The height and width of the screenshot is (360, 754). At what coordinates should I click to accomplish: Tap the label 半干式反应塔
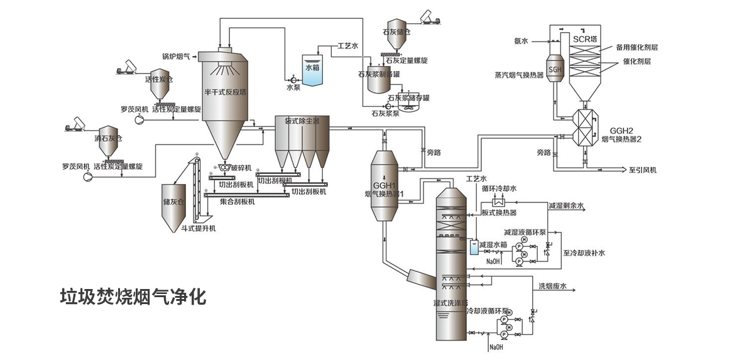(225, 92)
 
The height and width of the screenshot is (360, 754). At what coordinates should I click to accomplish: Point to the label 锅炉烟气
(176, 57)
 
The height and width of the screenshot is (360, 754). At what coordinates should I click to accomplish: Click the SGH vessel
(555, 69)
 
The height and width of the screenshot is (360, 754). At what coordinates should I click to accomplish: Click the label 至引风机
(642, 170)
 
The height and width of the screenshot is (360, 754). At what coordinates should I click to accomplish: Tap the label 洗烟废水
(552, 286)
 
